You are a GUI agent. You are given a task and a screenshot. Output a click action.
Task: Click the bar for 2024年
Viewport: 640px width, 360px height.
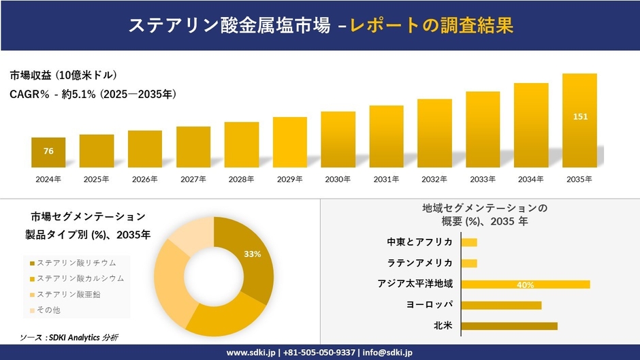(48, 152)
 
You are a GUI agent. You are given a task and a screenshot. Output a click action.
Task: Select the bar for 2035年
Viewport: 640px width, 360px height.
(579, 120)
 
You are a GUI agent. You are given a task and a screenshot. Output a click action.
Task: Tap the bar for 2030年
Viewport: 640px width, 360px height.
(338, 140)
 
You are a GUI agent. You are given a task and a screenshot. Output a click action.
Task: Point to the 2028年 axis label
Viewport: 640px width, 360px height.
(242, 180)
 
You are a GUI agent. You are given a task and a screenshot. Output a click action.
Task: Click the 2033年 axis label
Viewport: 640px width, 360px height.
(483, 180)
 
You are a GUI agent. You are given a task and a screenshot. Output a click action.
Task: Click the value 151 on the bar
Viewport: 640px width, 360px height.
(580, 116)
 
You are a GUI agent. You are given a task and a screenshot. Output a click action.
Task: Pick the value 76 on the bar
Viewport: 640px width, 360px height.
(48, 151)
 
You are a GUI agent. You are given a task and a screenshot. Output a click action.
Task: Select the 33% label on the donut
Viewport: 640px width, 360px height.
(253, 254)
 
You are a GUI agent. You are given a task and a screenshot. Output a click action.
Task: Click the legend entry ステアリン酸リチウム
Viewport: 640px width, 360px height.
(76, 263)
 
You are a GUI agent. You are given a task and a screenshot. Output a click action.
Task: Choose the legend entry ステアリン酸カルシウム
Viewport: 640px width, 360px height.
(80, 278)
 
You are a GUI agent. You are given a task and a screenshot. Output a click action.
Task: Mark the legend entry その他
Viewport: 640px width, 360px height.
(48, 310)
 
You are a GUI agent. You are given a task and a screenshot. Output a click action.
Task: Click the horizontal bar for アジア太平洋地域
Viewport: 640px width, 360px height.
(525, 284)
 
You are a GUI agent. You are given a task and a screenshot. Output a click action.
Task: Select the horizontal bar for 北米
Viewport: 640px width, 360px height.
(509, 326)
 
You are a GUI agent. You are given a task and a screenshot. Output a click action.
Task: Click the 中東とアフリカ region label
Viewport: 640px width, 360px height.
(419, 242)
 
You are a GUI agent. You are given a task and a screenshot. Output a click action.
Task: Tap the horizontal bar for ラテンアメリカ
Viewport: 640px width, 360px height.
(469, 263)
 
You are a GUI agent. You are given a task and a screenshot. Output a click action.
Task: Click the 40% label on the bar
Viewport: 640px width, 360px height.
(525, 284)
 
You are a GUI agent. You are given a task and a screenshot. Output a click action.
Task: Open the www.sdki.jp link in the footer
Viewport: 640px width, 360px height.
(250, 353)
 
